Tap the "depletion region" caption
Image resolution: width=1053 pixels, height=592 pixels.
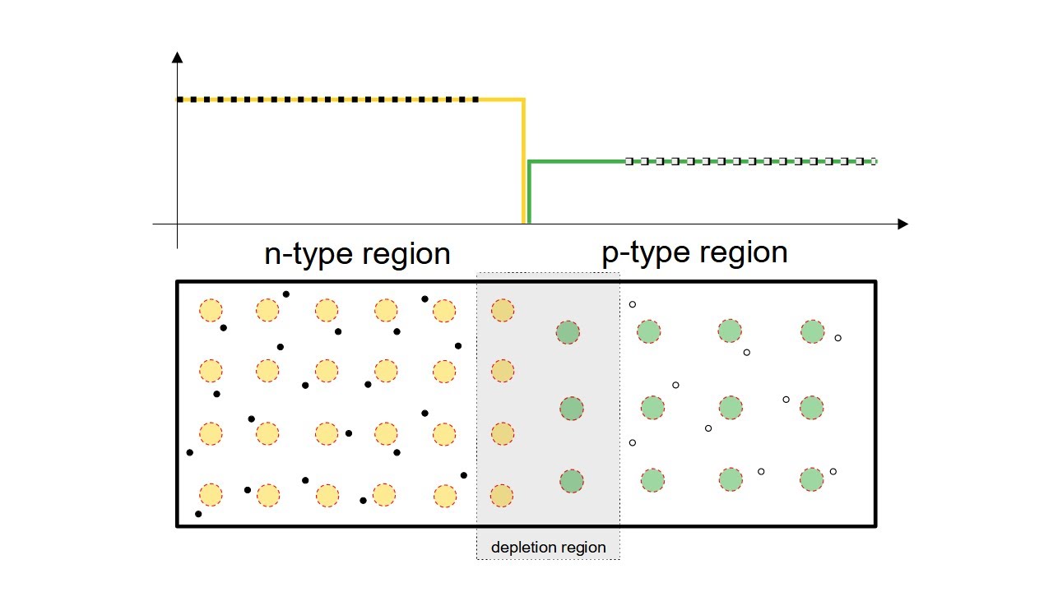tap(548, 548)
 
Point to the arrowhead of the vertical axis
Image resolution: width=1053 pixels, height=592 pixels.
tap(177, 57)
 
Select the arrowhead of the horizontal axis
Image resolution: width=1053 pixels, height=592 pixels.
tap(902, 224)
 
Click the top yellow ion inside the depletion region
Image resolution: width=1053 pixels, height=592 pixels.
tap(502, 310)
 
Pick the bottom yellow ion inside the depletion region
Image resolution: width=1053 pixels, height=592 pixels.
tap(502, 495)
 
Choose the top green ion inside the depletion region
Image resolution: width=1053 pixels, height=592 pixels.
tap(568, 332)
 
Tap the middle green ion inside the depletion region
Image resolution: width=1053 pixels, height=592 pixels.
tap(571, 408)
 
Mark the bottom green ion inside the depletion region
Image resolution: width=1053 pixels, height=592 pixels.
tap(571, 480)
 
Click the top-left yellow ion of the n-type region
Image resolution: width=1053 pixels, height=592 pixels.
tap(211, 310)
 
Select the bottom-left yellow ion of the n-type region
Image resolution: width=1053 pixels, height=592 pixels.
tap(211, 495)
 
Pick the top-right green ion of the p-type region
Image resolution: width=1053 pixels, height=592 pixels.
tap(812, 331)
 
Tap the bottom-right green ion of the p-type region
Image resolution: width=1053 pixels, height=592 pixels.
tap(811, 479)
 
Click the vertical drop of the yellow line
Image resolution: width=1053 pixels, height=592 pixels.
tap(523, 164)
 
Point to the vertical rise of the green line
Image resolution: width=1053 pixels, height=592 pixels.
tap(530, 193)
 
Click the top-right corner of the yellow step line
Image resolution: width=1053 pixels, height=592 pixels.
tap(523, 100)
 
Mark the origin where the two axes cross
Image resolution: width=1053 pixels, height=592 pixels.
tap(177, 224)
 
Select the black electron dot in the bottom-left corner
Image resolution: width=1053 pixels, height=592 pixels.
tap(197, 514)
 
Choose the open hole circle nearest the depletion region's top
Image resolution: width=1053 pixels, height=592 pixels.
tap(632, 305)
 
